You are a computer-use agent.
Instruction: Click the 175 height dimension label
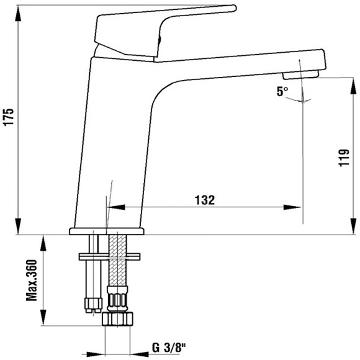click(x=9, y=117)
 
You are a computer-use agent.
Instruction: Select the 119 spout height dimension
click(x=344, y=158)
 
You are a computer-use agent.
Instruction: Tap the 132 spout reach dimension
click(x=205, y=200)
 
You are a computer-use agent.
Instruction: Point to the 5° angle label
click(x=282, y=92)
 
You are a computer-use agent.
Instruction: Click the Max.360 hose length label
click(x=32, y=281)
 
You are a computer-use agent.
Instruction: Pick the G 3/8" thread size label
click(x=169, y=348)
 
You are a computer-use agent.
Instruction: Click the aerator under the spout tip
click(x=301, y=75)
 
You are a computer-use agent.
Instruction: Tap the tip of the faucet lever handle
click(x=235, y=8)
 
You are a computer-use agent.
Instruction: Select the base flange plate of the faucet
click(x=107, y=231)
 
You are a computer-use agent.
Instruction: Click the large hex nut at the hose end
click(x=117, y=318)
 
